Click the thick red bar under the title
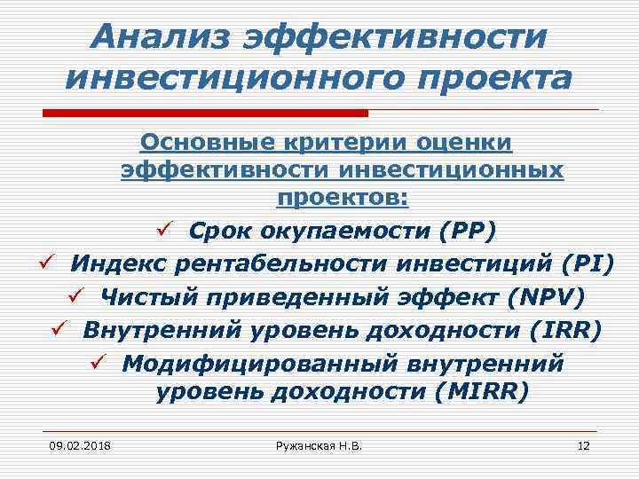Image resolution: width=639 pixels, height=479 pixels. pos(205,113)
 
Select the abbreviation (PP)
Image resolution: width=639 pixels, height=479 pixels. pos(468,231)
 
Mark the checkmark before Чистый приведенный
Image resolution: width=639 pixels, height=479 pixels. pos(77,296)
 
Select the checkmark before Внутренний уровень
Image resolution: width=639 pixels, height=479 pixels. pos(60,329)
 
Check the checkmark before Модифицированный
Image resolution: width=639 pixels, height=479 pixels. pos(99,362)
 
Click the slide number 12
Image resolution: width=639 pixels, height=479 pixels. pos(583,444)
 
